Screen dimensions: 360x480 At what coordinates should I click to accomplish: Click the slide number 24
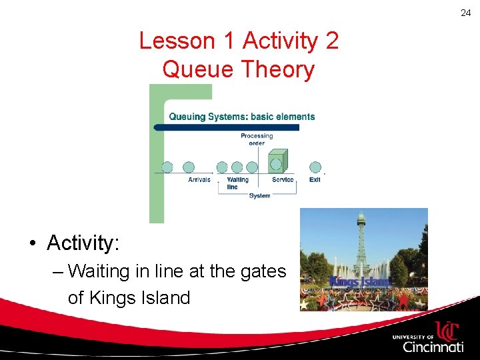tap(465, 13)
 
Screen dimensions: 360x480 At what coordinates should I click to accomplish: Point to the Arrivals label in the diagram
tap(199, 179)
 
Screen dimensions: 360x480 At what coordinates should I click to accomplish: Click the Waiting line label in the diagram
tap(237, 183)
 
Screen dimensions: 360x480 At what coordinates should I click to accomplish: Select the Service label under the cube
tap(283, 179)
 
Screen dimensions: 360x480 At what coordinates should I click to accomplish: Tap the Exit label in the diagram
tap(315, 179)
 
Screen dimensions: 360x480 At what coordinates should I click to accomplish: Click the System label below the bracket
tap(259, 195)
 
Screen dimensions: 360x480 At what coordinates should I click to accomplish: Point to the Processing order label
tap(257, 139)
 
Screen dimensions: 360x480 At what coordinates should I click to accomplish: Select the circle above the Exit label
tap(315, 167)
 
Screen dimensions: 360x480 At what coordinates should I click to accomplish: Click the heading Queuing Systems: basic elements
tap(241, 117)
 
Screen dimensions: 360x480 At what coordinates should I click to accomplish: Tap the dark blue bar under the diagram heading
tap(227, 127)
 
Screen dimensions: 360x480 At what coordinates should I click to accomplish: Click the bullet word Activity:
tap(83, 243)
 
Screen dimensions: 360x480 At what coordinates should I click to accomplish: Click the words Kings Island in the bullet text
tap(129, 297)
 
